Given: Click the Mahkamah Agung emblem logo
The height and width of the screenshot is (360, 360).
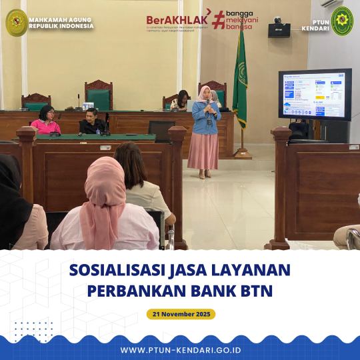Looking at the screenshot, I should click(16, 22).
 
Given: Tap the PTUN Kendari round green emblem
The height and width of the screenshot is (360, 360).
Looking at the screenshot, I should click(342, 21).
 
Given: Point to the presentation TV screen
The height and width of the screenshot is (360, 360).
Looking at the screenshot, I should click(315, 95).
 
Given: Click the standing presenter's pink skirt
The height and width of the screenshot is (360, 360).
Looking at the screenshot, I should click(203, 151).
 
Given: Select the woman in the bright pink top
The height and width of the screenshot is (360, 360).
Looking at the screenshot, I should click(45, 121).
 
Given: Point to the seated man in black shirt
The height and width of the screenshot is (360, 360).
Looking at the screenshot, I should click(92, 121).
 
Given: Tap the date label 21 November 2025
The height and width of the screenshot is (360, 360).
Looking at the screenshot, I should click(181, 313).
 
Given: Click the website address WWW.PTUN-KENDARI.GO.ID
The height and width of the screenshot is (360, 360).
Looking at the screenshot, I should click(180, 350).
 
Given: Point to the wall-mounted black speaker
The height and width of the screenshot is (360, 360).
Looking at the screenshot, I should click(279, 29).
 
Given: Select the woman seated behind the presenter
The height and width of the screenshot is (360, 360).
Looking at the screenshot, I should click(181, 101).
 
